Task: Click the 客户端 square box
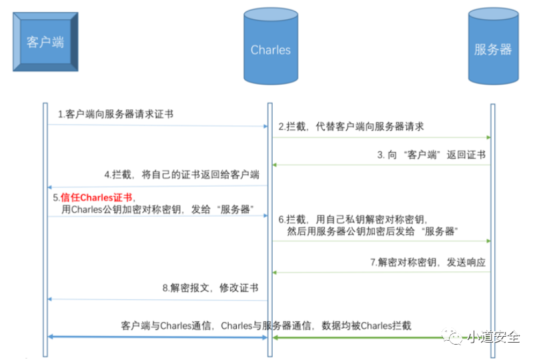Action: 45,42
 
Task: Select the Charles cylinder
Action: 271,46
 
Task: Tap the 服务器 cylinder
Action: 493,46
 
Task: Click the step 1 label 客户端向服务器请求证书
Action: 116,114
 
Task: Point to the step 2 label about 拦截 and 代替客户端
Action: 351,127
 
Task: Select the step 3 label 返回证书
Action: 431,155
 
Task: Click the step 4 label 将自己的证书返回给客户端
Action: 181,175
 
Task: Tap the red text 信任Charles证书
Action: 96,197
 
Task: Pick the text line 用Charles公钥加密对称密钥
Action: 157,209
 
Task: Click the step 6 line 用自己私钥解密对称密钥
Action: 353,219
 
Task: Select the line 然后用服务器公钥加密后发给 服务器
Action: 372,231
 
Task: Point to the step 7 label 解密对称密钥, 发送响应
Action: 428,263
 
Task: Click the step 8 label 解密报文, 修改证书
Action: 210,288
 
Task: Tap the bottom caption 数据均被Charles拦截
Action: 366,325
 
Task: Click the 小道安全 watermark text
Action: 494,337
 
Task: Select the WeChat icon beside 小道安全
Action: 452,337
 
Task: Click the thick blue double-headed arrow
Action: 157,337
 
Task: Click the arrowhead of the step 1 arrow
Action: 265,126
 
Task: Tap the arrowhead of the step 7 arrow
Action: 274,273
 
